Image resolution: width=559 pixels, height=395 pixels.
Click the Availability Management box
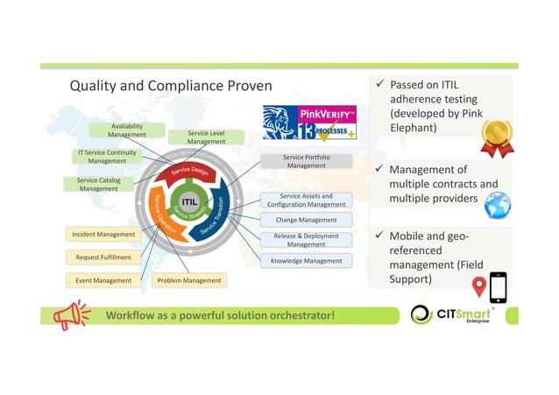(x=127, y=130)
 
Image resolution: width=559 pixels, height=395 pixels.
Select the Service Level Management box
(x=206, y=138)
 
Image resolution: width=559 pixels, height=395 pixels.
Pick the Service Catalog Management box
(x=99, y=184)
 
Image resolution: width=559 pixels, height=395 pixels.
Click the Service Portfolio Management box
(x=306, y=161)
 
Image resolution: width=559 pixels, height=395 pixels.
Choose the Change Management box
(x=306, y=220)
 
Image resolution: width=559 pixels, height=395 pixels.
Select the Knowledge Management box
(x=306, y=260)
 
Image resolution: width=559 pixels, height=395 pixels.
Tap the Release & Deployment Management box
(x=306, y=240)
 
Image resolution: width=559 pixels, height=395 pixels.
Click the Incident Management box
(x=103, y=235)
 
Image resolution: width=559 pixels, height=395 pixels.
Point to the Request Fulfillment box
(x=103, y=257)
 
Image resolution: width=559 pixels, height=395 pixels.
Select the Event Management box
(x=103, y=280)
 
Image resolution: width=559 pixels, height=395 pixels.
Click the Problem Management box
(x=188, y=280)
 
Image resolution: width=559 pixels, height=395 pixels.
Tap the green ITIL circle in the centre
(x=188, y=203)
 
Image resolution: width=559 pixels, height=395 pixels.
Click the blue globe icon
(x=497, y=205)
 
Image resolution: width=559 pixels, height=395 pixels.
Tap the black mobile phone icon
(x=498, y=286)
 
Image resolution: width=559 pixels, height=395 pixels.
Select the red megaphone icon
(x=71, y=314)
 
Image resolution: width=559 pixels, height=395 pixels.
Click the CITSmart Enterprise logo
(x=452, y=314)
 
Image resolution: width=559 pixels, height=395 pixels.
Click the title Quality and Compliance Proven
(x=171, y=86)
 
